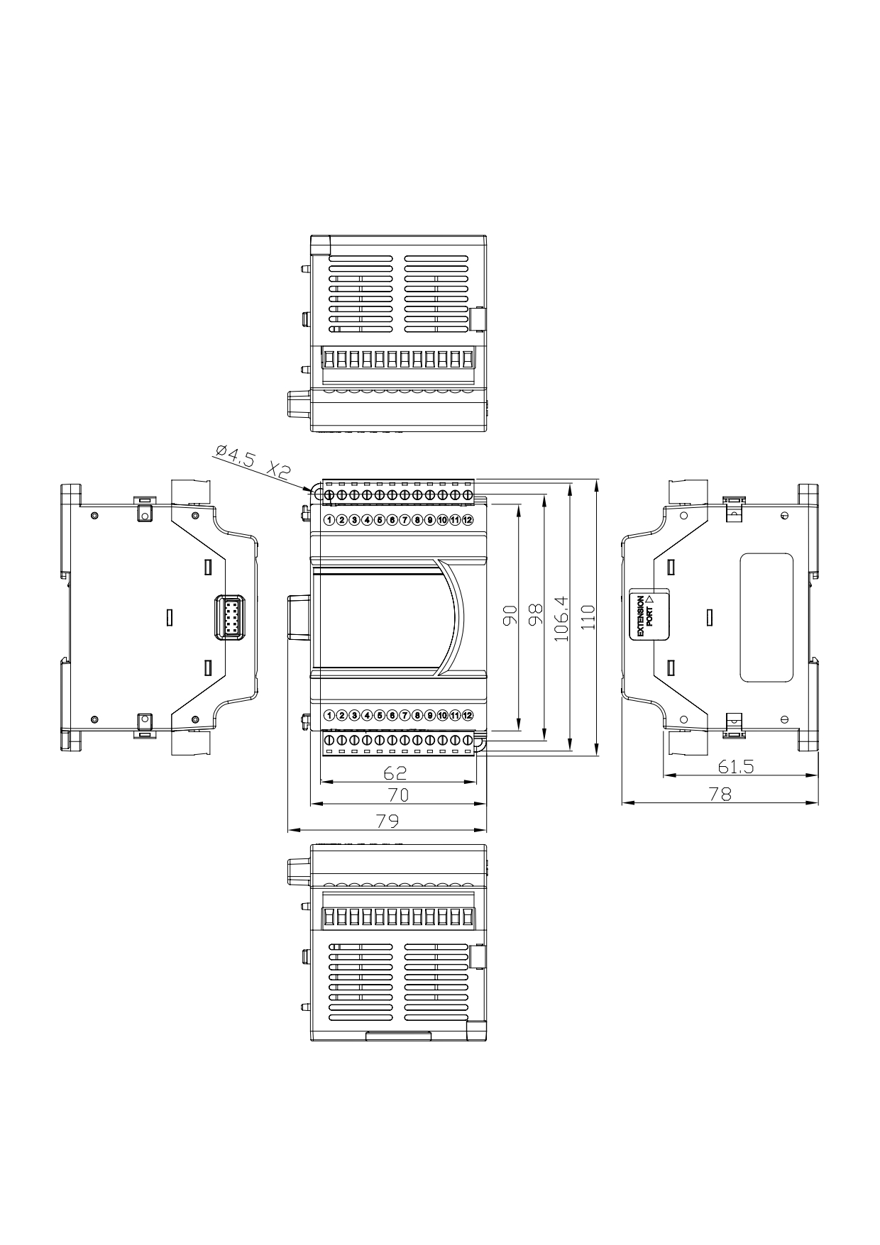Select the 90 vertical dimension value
click(x=509, y=615)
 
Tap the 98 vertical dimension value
click(x=534, y=614)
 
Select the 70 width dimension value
click(x=397, y=795)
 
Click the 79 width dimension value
click(x=387, y=820)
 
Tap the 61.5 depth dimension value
click(x=735, y=767)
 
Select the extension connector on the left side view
click(x=230, y=617)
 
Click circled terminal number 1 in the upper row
click(x=329, y=520)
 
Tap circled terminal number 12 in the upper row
click(x=468, y=520)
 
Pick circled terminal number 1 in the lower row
click(x=329, y=715)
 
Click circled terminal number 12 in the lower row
click(x=468, y=715)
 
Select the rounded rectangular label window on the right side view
click(x=766, y=617)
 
